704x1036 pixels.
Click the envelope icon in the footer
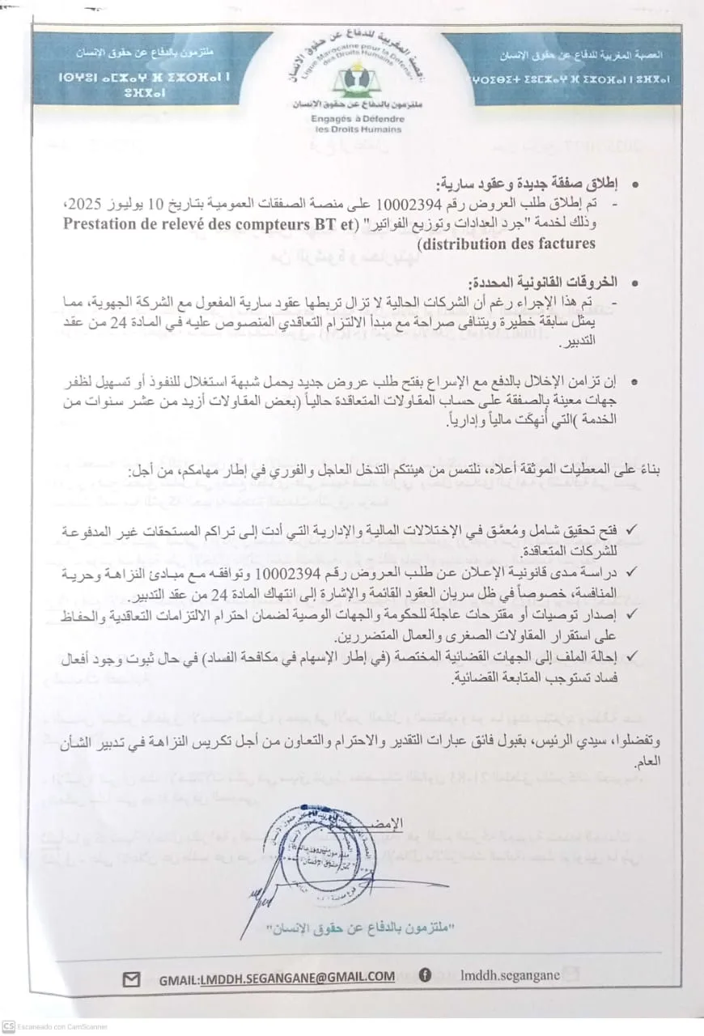pyautogui.click(x=130, y=979)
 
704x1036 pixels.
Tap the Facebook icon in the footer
pyautogui.click(x=425, y=976)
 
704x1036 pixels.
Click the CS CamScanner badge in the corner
pyautogui.click(x=7, y=1026)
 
